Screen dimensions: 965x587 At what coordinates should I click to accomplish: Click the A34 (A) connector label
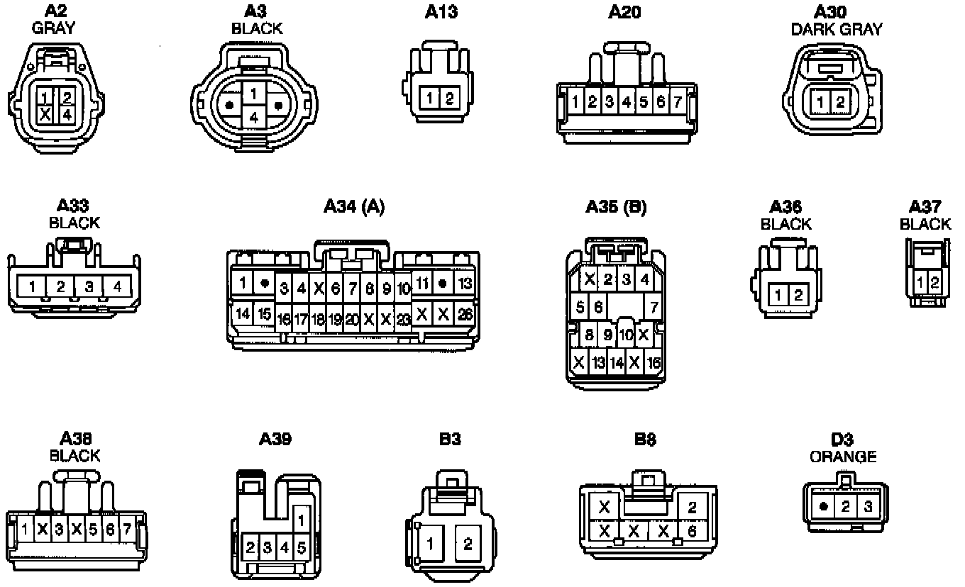pos(353,206)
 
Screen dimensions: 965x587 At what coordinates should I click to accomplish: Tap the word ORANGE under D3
pos(843,457)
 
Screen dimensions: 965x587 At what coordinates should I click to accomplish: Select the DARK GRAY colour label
pos(837,29)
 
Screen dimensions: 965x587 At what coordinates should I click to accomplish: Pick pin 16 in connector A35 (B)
pos(654,363)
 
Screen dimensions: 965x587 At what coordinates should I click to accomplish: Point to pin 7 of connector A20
pos(678,102)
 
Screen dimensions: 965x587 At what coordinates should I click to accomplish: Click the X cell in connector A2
pos(45,114)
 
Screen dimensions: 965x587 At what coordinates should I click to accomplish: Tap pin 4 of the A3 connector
pos(254,118)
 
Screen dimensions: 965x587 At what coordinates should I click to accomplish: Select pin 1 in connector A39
pos(301,520)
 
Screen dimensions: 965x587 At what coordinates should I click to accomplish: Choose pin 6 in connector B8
pos(692,530)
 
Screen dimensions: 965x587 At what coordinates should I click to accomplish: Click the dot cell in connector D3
pos(823,507)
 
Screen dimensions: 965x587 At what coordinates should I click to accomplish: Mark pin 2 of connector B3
pos(468,544)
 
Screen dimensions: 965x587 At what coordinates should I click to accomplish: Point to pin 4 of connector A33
pos(117,287)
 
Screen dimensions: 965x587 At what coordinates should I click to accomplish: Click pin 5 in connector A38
pos(94,529)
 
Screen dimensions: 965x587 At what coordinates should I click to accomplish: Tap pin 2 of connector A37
pos(934,283)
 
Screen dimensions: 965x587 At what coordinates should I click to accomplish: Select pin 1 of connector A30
pos(820,102)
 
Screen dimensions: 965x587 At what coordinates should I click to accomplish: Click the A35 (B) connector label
pos(616,207)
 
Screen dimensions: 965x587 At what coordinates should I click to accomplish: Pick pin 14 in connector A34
pos(243,313)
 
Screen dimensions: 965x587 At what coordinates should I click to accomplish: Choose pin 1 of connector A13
pos(430,99)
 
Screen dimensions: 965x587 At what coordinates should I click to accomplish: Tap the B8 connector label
pos(645,440)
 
